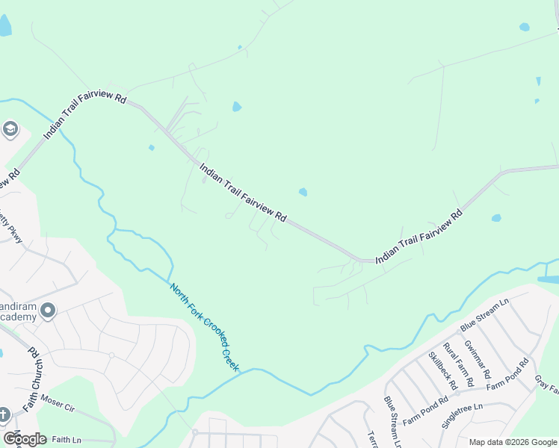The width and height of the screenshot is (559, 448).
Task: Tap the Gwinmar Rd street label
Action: point(477,358)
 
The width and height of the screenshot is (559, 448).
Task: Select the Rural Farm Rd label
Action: point(458,364)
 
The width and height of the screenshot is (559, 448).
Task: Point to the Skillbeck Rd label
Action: point(442,371)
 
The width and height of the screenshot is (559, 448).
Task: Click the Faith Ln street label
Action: point(67,441)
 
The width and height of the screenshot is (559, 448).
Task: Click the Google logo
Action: point(25,439)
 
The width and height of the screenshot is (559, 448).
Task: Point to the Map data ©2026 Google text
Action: point(512,442)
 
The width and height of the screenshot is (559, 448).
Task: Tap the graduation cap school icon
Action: point(10,130)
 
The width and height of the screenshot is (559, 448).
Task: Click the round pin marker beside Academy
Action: point(49,309)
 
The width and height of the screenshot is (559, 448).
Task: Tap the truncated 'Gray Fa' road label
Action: point(546,385)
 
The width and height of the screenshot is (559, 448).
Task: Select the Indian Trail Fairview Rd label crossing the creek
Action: point(84,117)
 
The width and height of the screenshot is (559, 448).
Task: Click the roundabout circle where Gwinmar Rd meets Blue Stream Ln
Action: point(460,333)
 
